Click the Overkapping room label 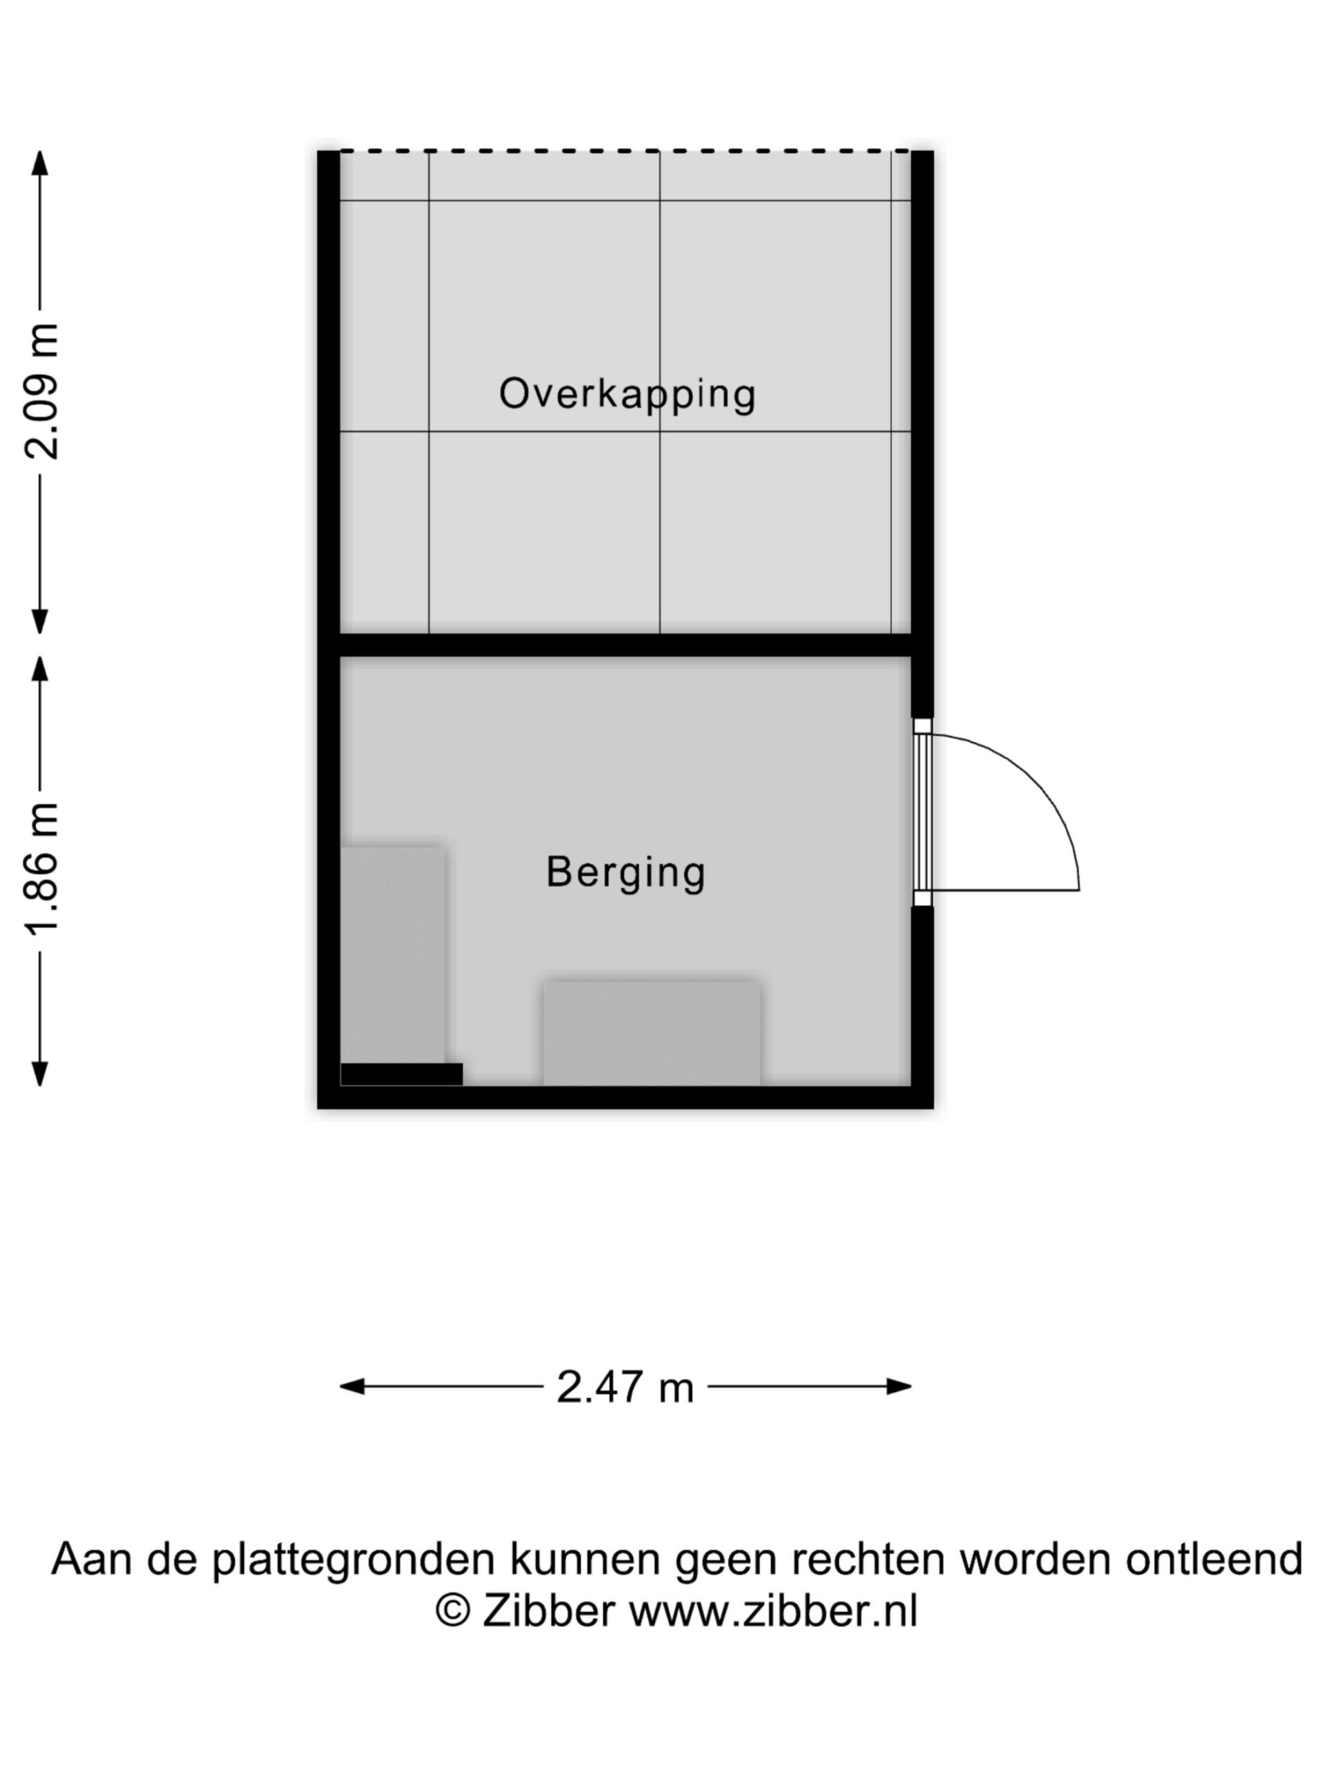628,394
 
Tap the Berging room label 625,872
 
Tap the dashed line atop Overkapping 625,150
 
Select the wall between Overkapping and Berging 625,645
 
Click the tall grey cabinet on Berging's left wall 392,954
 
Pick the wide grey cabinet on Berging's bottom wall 652,1033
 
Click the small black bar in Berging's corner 401,1074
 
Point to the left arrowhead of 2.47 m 352,1386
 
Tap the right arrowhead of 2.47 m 899,1386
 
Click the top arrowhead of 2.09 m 39,162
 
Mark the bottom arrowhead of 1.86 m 39,1074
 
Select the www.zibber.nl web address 773,1610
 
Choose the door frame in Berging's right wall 923,812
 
